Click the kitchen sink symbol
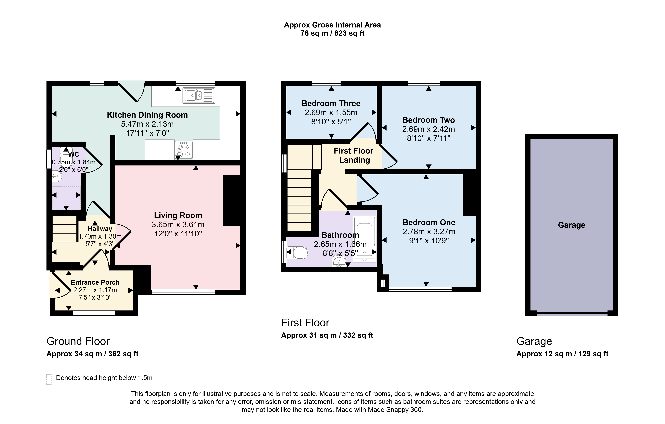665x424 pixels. pyautogui.click(x=199, y=96)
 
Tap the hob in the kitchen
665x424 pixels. pyautogui.click(x=184, y=150)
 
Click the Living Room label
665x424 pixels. pyautogui.click(x=178, y=215)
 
